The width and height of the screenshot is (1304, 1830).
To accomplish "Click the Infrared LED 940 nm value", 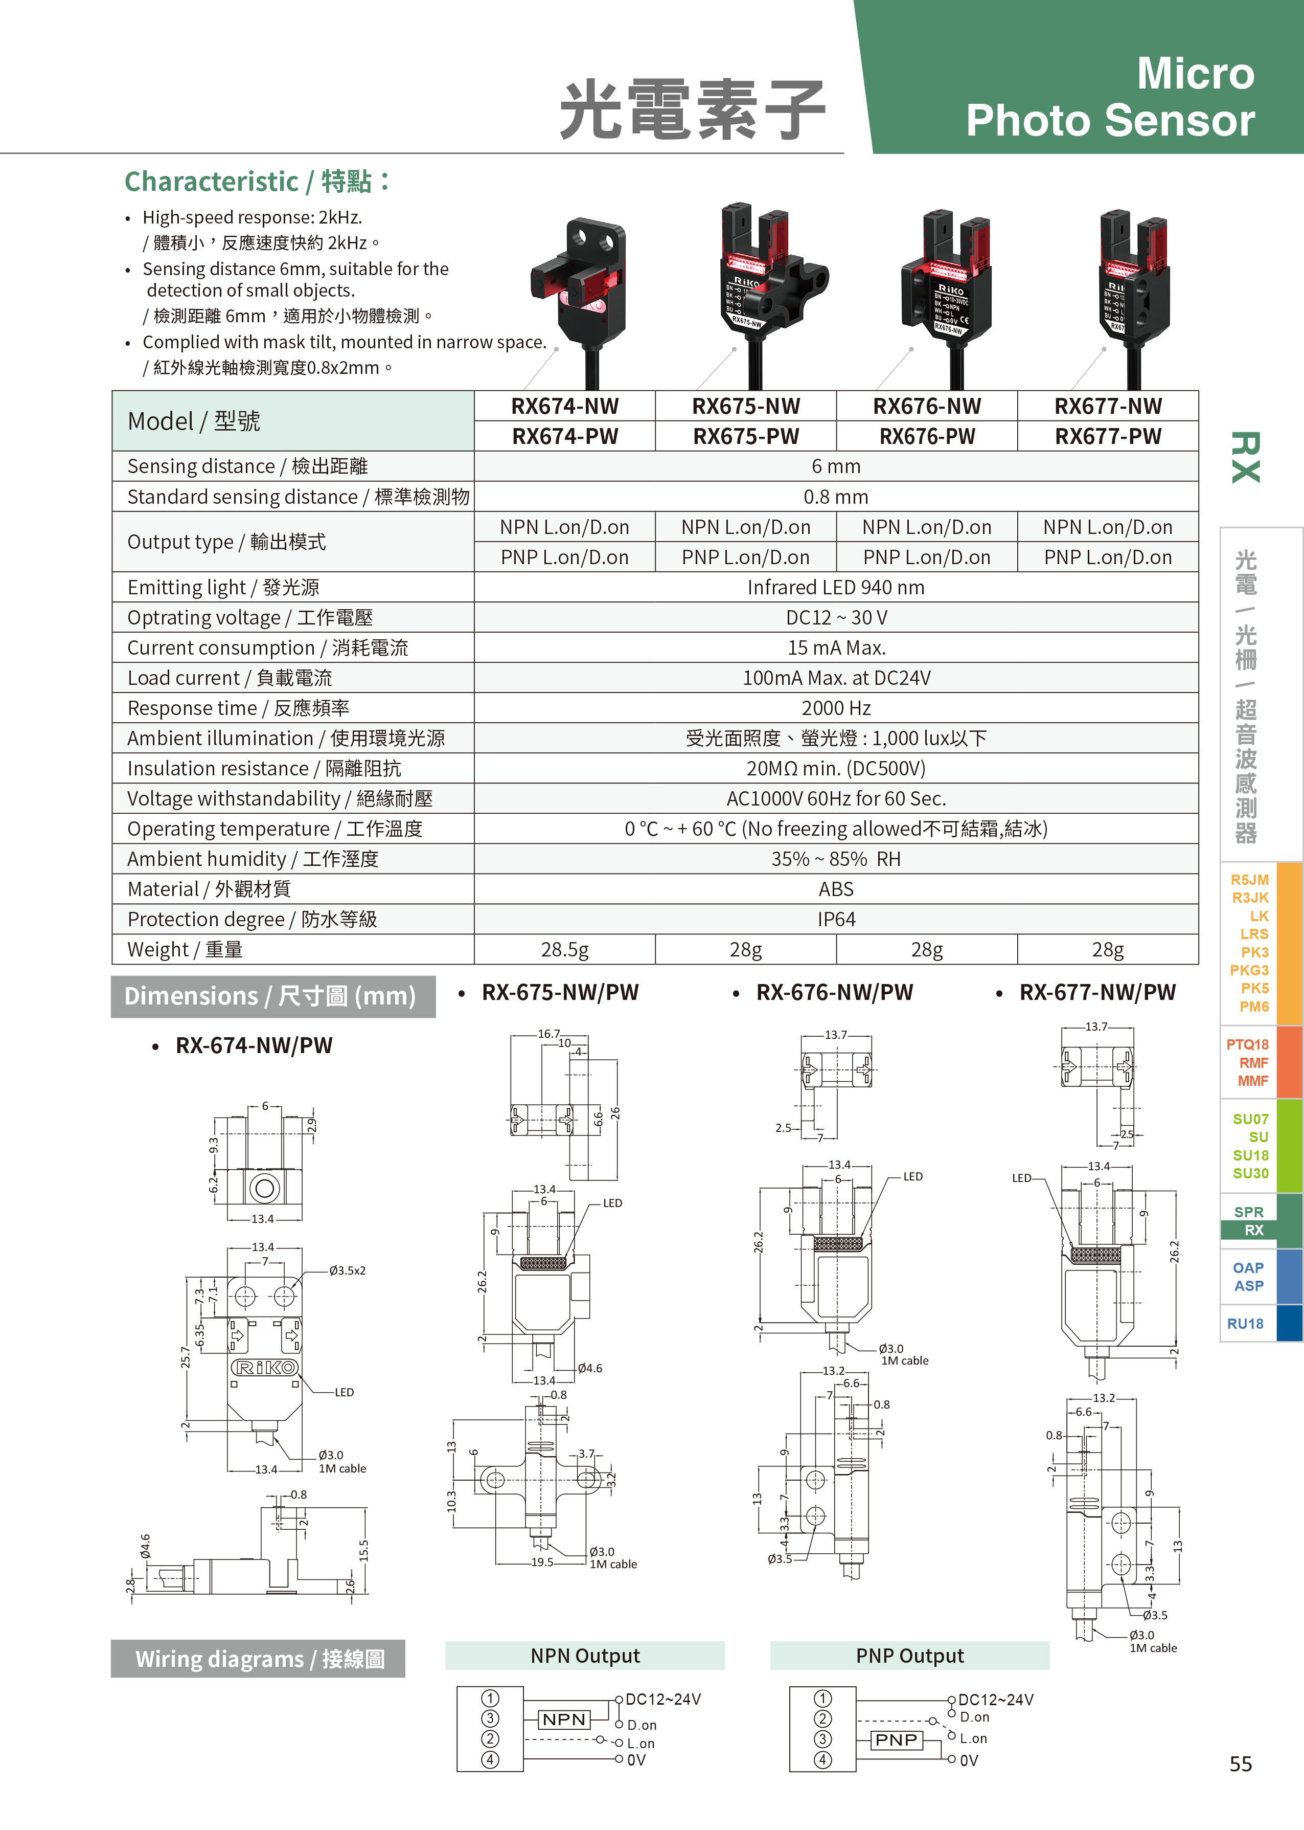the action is (836, 587).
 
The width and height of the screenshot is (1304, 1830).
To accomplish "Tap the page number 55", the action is (1241, 1764).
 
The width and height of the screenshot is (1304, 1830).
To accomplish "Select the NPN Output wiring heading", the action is (585, 1656).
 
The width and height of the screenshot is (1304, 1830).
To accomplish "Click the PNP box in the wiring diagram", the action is (896, 1739).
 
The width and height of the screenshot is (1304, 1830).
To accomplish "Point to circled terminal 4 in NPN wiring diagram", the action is (490, 1759).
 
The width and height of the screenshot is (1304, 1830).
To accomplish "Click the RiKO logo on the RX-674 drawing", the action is (264, 1367).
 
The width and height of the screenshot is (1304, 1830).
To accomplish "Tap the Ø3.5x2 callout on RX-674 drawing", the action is (347, 1270).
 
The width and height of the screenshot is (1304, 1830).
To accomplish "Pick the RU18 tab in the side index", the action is (1245, 1323).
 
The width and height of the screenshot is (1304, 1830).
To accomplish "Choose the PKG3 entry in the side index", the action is (1249, 970).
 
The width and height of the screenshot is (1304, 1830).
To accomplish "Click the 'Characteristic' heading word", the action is (211, 182).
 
